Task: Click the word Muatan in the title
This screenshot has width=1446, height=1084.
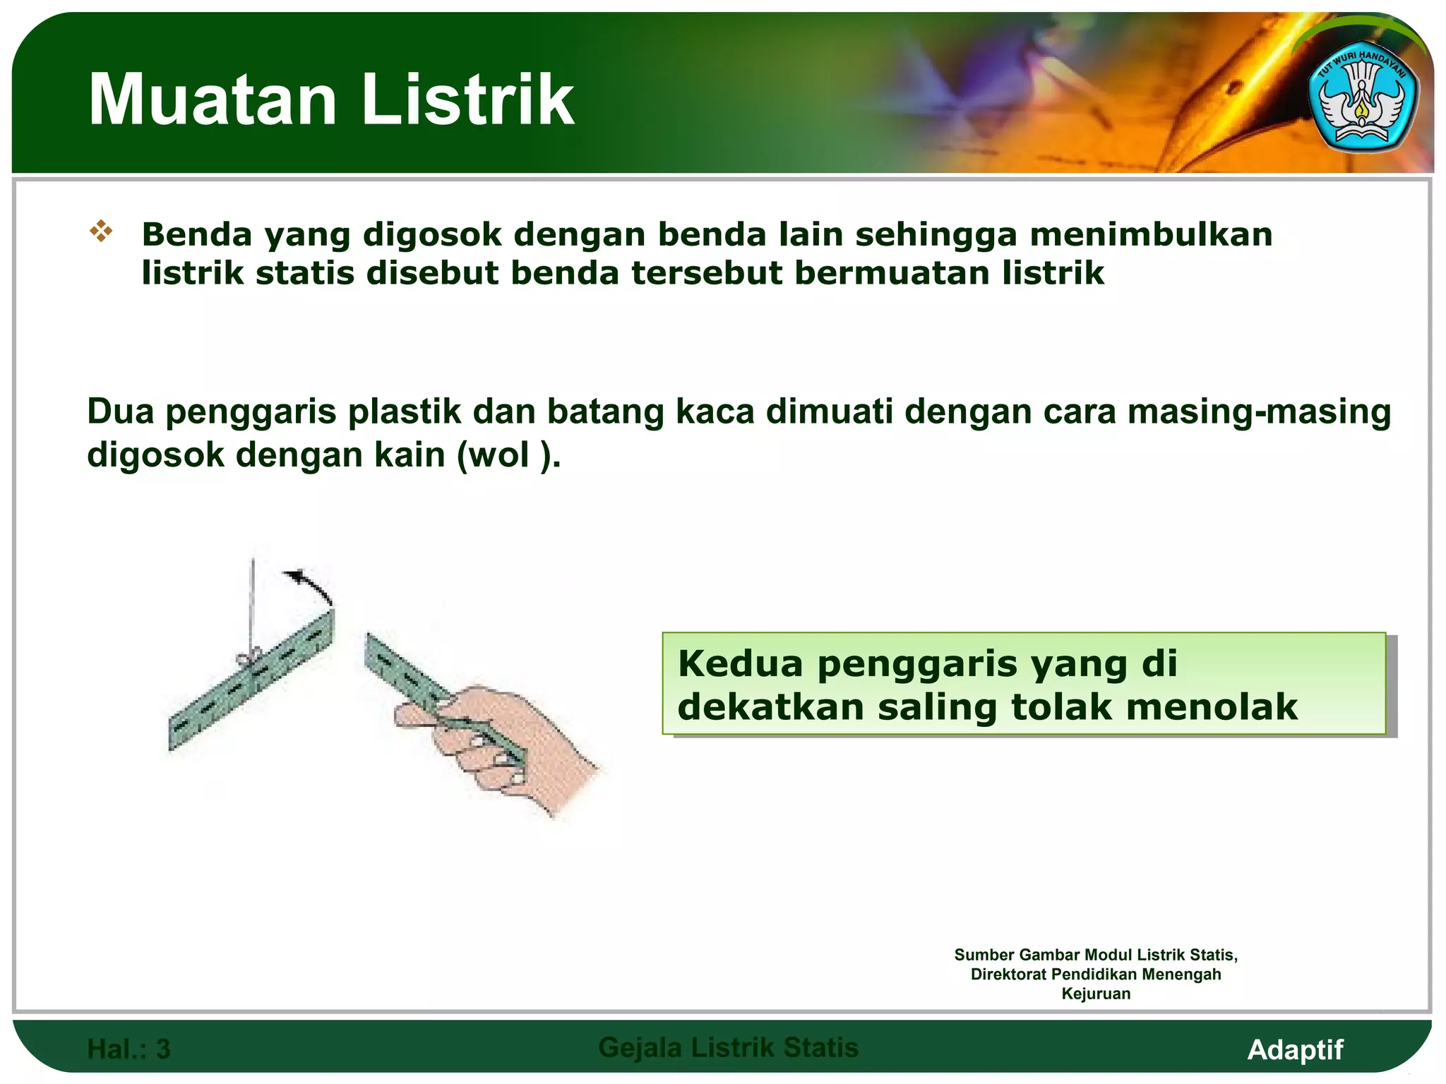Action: [212, 100]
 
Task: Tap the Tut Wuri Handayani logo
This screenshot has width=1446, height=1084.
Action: [1362, 104]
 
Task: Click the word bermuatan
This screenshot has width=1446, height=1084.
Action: [892, 273]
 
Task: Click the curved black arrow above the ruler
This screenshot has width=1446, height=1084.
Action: [311, 584]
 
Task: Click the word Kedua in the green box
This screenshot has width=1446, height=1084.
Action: [741, 663]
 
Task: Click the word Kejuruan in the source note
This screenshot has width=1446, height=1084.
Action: [1096, 994]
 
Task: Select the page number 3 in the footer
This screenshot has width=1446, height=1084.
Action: [163, 1049]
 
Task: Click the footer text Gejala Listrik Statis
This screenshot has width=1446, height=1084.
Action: [728, 1048]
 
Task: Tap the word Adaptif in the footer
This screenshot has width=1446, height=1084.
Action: [1295, 1049]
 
